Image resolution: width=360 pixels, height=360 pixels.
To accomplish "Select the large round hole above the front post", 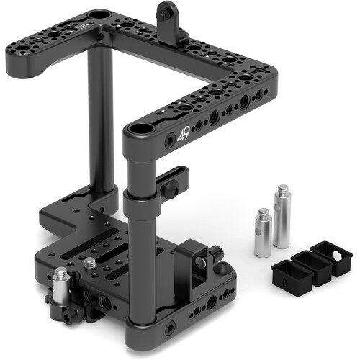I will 138,132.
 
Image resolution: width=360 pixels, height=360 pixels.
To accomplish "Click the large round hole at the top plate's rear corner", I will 97,16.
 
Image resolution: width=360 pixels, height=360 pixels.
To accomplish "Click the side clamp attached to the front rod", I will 173,184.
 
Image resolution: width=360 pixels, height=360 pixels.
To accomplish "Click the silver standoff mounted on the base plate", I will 60,282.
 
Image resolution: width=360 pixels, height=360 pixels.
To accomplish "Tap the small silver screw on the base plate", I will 89,264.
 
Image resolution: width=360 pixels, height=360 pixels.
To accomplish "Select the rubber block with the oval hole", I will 337,260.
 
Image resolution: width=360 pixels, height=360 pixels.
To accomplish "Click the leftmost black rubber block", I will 287,273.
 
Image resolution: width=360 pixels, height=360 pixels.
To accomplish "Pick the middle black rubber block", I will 312,266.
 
